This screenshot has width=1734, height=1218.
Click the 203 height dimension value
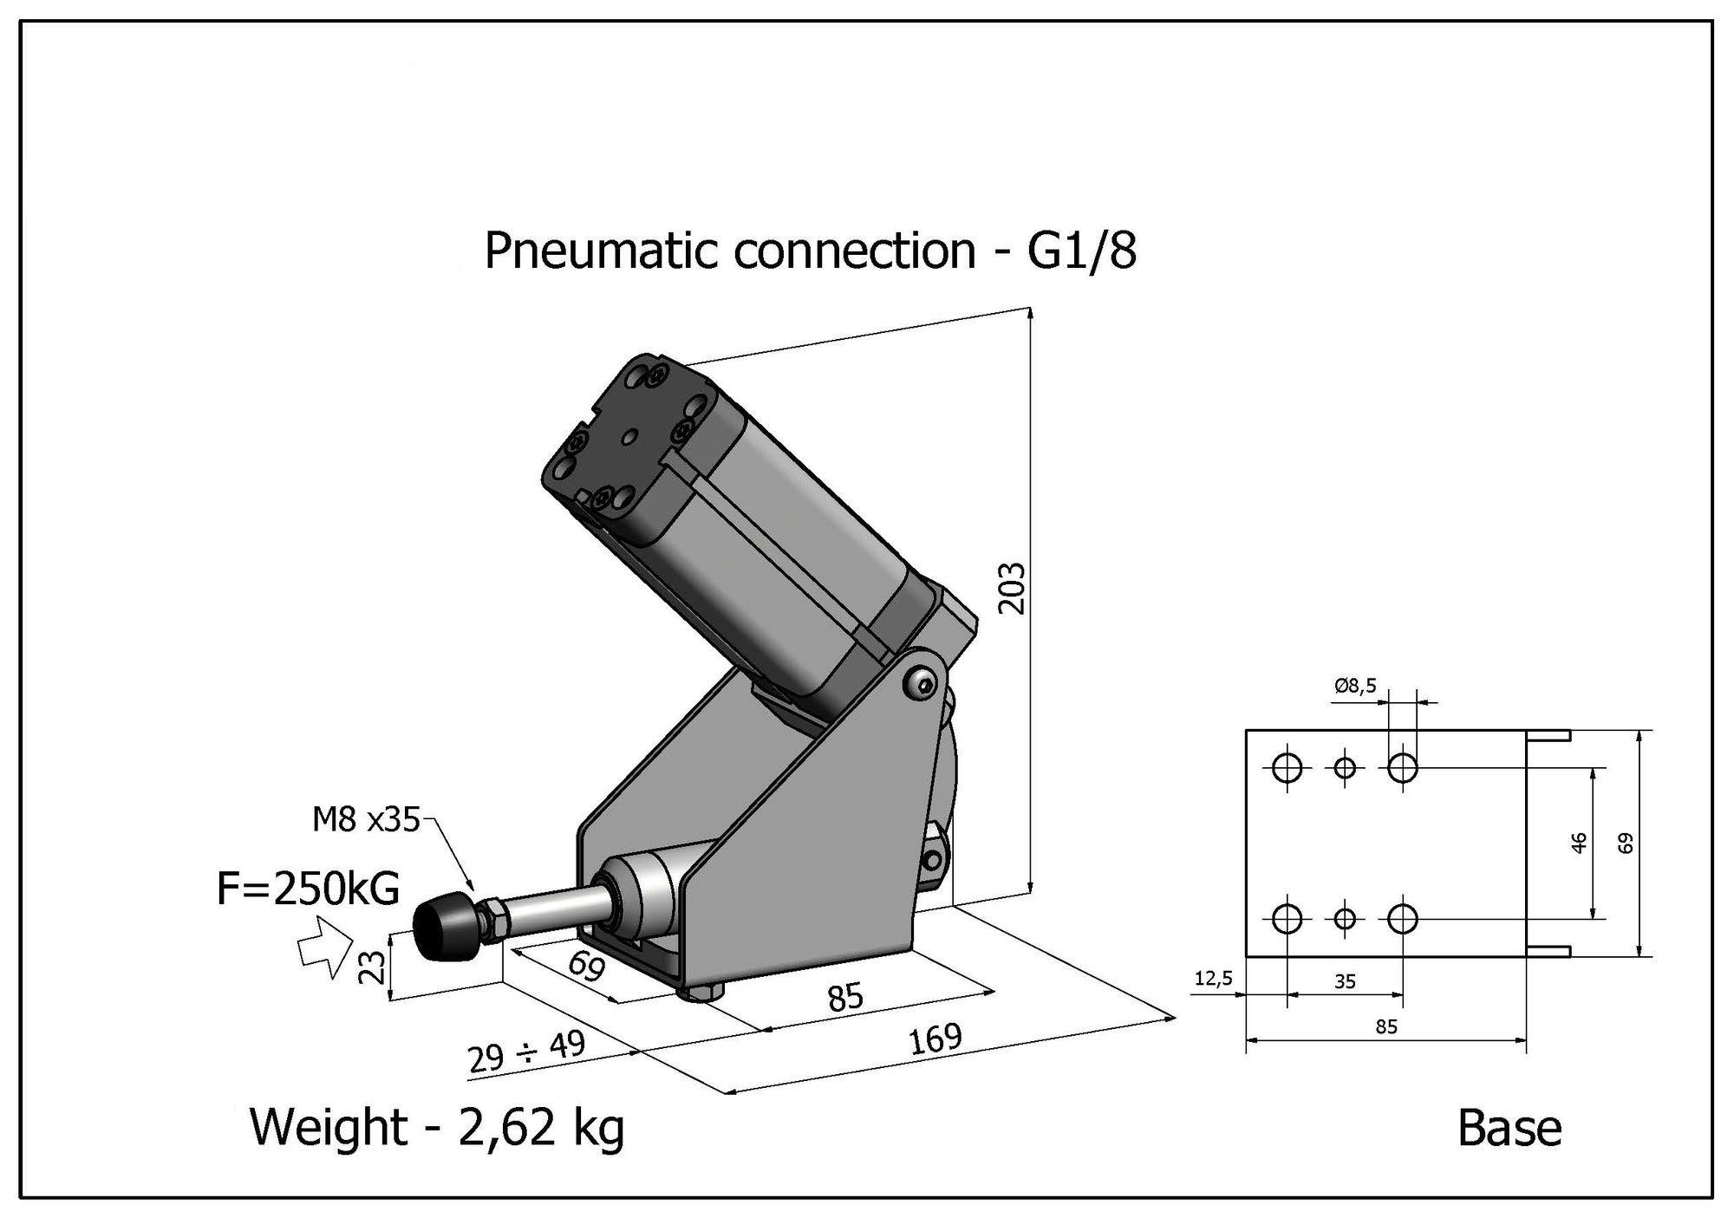tap(1012, 589)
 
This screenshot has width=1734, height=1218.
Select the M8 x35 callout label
tap(366, 819)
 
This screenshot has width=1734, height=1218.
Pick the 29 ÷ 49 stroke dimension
tap(526, 1052)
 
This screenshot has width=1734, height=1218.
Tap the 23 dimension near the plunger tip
tap(371, 967)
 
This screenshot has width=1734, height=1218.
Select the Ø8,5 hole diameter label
tap(1355, 687)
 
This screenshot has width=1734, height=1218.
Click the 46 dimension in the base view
tap(1579, 843)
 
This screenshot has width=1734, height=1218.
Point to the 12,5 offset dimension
tap(1213, 979)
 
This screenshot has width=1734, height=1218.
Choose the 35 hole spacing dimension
tap(1345, 981)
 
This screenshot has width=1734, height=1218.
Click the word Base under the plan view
tap(1509, 1129)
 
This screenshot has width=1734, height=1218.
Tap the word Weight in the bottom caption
tap(328, 1127)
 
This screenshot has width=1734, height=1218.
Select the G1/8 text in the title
tap(1081, 251)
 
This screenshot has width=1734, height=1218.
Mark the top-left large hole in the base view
tap(1287, 767)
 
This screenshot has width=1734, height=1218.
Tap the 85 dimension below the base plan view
tap(1386, 1027)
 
